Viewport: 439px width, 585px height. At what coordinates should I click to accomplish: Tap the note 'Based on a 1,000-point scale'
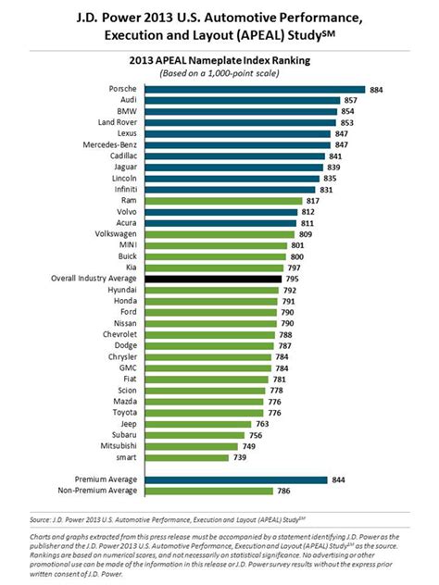pyautogui.click(x=219, y=73)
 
